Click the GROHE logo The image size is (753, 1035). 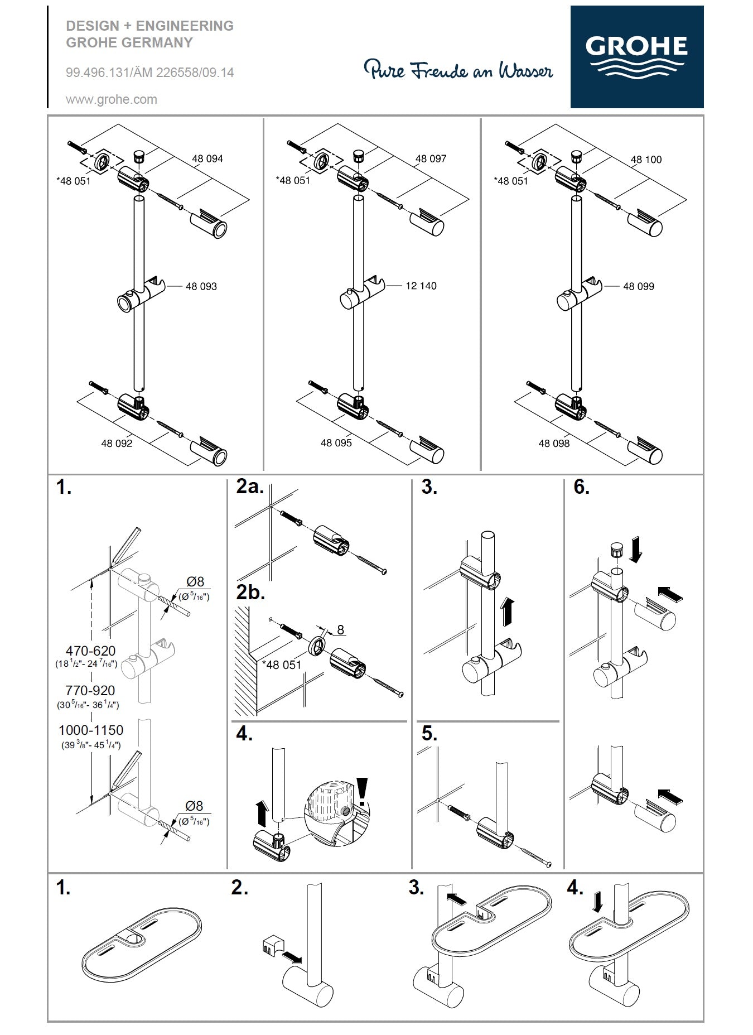(x=636, y=56)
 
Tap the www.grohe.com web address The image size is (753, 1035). (x=112, y=100)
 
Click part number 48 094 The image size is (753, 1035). (x=207, y=158)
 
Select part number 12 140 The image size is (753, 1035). (x=421, y=286)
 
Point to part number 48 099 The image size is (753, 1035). (x=639, y=286)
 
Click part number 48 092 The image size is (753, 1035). (x=117, y=443)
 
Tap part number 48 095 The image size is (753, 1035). (x=336, y=442)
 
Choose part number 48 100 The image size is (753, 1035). (x=646, y=160)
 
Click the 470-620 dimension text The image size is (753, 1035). (x=90, y=651)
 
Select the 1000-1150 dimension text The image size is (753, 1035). (x=91, y=730)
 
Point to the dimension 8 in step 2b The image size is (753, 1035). (x=340, y=630)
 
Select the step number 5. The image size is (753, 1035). (x=429, y=734)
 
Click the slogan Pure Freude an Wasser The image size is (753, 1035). (x=458, y=70)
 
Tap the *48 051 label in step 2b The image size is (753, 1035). (x=281, y=665)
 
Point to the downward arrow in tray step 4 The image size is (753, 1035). (x=597, y=902)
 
